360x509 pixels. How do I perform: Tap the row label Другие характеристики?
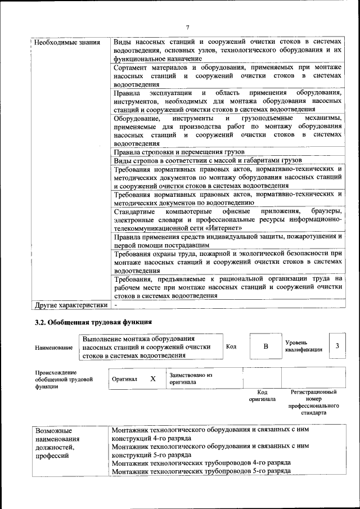[x=70, y=305]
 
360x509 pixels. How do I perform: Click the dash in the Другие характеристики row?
[x=116, y=305]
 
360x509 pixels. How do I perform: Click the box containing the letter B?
[x=265, y=346]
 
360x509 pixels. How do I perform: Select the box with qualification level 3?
[x=337, y=346]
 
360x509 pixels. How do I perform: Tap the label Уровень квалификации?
[x=303, y=346]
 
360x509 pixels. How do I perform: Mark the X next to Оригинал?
[x=153, y=379]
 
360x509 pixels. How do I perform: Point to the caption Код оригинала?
[x=262, y=395]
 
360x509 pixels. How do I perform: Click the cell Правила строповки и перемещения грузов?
[x=179, y=152]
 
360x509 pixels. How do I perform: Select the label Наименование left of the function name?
[x=53, y=348]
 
